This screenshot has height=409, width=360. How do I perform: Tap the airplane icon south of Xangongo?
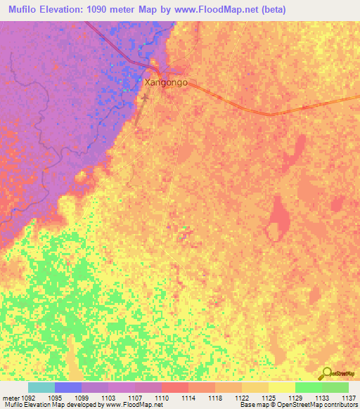[145, 97]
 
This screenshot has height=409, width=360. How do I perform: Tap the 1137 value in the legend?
[348, 397]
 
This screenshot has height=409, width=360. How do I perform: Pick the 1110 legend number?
[162, 397]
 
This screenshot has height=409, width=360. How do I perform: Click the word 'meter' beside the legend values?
[11, 397]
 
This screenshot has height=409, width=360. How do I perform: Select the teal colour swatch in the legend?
[41, 387]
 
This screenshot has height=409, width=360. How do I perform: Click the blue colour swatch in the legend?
[67, 387]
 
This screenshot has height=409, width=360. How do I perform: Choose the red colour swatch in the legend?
[174, 387]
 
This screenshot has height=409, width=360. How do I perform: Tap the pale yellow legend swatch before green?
[281, 387]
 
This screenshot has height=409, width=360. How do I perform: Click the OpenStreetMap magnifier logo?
[328, 373]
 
